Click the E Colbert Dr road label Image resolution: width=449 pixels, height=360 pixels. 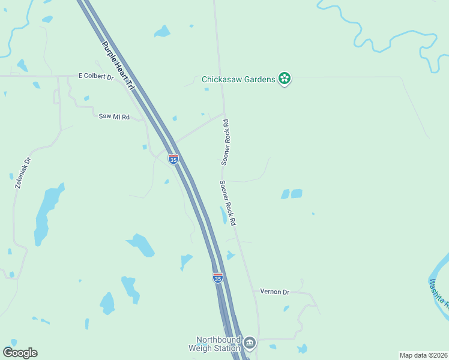tap(96, 77)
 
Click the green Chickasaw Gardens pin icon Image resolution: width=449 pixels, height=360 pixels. tap(285, 79)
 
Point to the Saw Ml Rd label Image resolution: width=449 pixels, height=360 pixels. tap(114, 116)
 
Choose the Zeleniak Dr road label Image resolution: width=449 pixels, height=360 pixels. tap(23, 173)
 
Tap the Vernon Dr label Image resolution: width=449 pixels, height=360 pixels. tap(275, 292)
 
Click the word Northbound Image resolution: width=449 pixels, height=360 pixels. tap(218, 340)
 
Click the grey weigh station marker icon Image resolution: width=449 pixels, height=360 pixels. tap(250, 343)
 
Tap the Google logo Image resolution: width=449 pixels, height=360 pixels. tap(20, 353)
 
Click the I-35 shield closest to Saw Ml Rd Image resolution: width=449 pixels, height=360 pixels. tap(173, 159)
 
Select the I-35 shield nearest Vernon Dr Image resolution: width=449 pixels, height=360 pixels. tap(217, 278)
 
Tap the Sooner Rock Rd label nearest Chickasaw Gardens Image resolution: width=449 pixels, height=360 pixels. tap(225, 142)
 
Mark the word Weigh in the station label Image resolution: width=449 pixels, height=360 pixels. tap(200, 348)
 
